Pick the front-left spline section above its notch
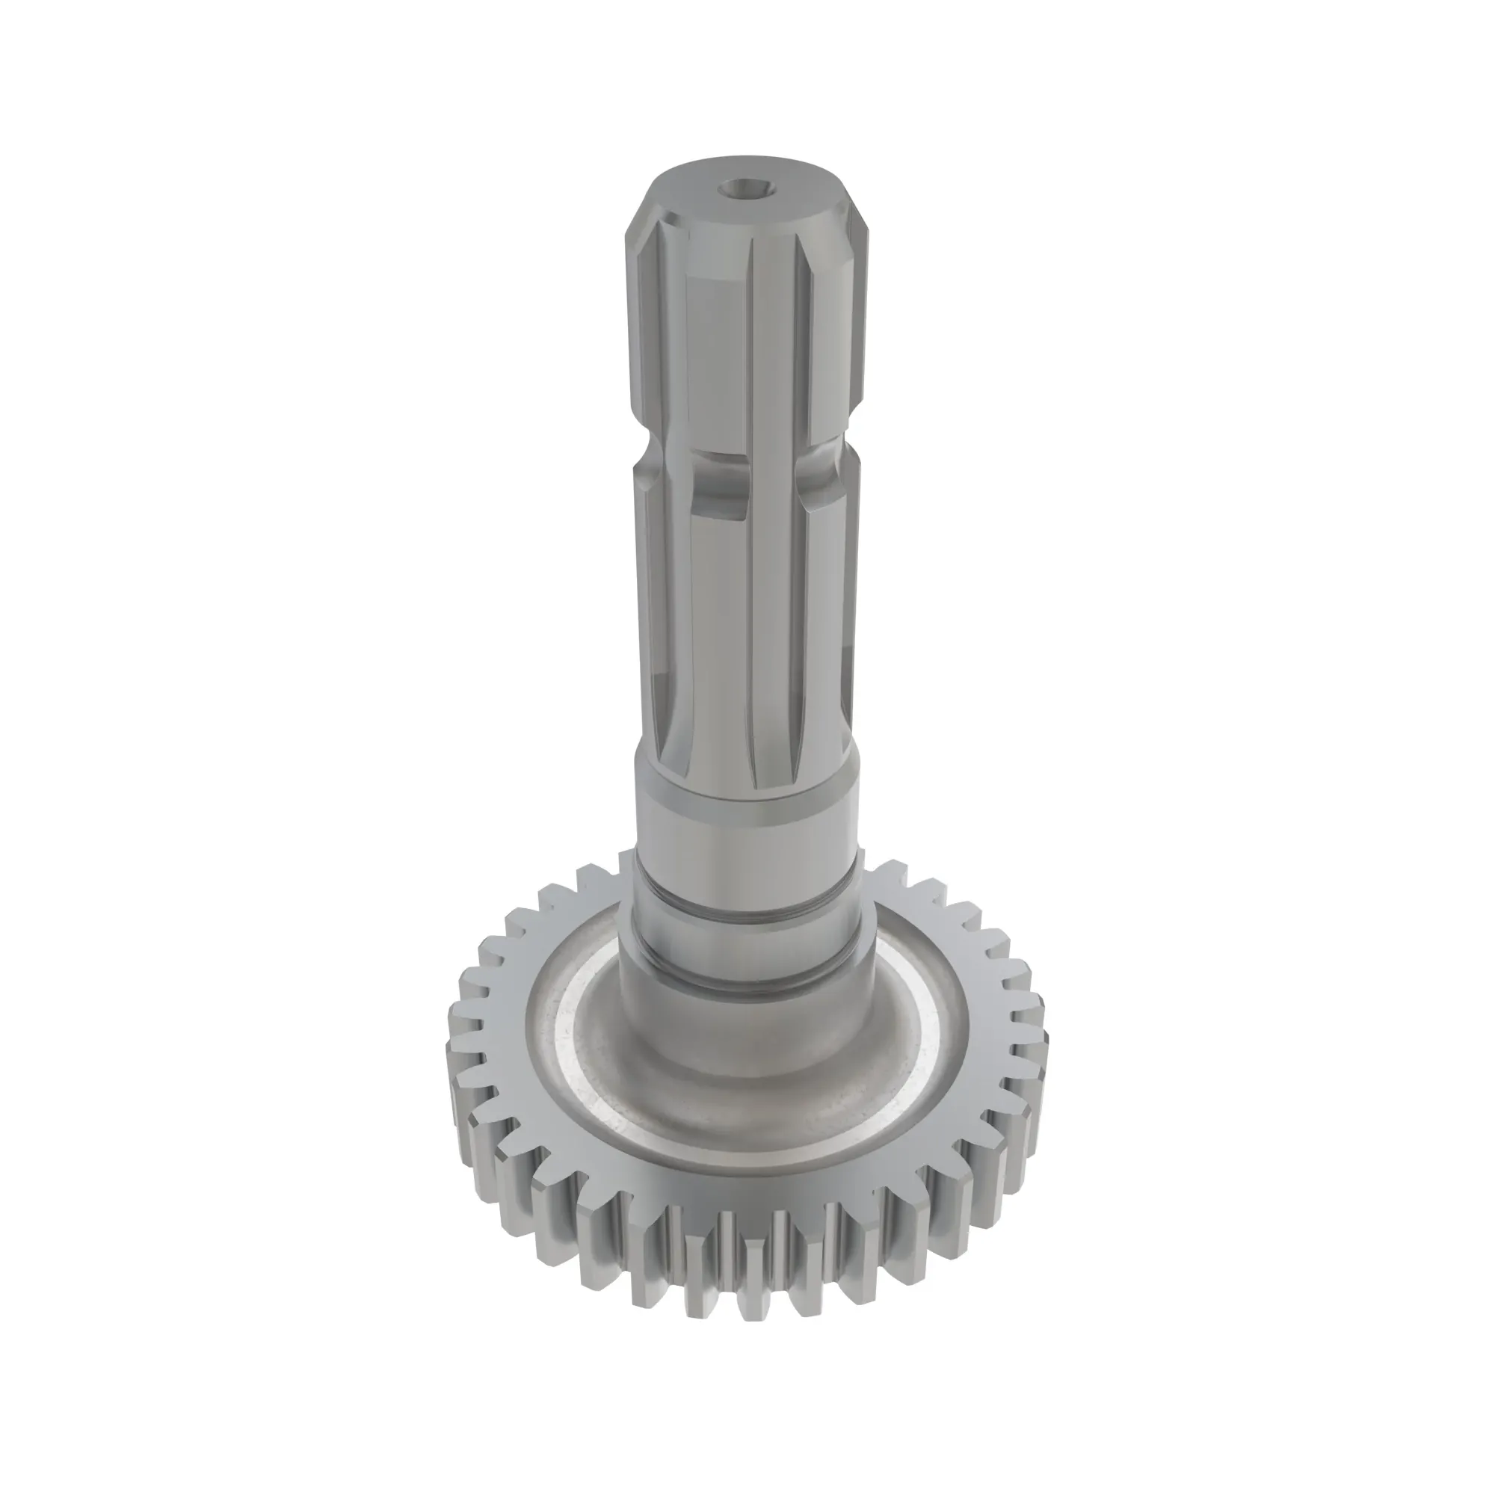[716, 364]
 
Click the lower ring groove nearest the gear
[747, 977]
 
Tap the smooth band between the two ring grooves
[747, 940]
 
